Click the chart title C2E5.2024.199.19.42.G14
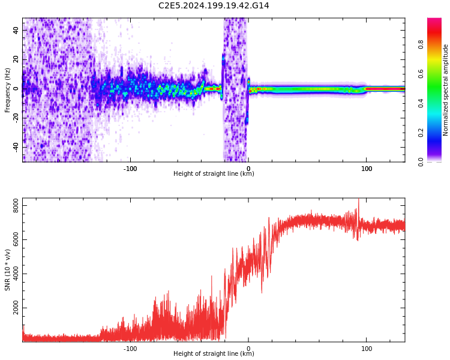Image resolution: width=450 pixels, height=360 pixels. pos(214,5)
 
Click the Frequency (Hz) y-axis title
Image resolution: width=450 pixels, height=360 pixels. pos(8,90)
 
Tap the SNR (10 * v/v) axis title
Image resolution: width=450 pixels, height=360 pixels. pos(8,271)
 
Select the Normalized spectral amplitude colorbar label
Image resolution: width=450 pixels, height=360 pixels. pos(446,90)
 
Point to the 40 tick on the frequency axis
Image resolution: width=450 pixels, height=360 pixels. pos(16,29)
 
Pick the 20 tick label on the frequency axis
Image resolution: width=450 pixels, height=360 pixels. pos(16,59)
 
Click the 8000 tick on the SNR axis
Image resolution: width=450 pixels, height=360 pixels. pos(12,206)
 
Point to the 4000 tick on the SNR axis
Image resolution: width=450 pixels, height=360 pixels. pos(12,274)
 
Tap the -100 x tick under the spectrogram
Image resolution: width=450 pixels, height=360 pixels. pos(130,169)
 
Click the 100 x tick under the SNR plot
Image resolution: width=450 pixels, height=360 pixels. pos(367,349)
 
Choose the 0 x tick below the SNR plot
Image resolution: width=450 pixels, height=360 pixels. pos(248,349)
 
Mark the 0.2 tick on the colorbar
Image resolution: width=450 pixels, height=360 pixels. pos(437,133)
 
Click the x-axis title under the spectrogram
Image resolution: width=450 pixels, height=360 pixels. pos(214,174)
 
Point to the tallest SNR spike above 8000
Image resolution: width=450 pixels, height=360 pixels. pos(359,200)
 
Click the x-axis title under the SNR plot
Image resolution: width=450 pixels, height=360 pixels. pos(214,354)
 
